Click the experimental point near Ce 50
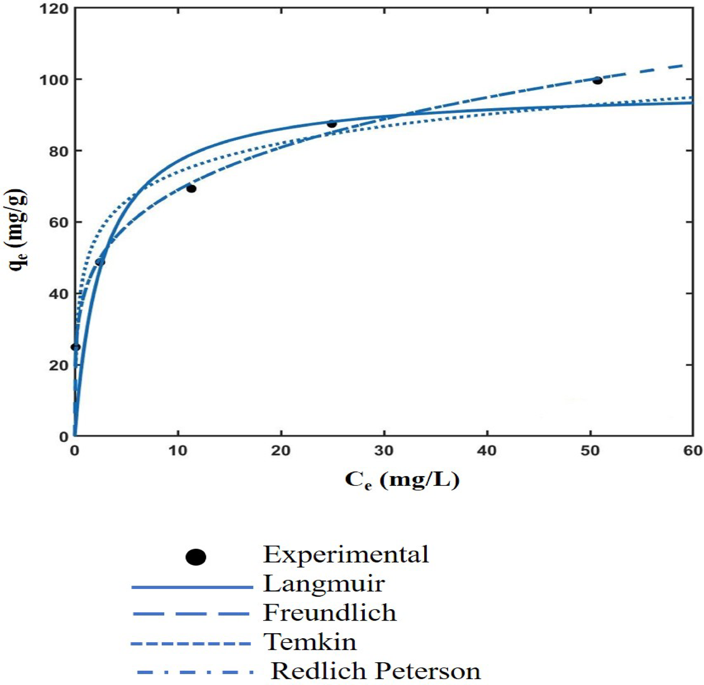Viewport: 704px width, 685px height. coord(597,80)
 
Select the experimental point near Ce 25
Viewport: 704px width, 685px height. coord(332,124)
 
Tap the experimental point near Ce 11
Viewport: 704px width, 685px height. coord(191,189)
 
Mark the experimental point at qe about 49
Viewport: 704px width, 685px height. coord(100,262)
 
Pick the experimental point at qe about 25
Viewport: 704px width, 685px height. coord(75,347)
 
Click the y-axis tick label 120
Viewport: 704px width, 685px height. coord(54,8)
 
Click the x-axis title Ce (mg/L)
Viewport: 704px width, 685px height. coord(401,480)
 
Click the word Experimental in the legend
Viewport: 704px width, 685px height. coord(346,554)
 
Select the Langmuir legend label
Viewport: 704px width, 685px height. coord(324,584)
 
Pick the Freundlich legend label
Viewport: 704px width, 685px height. coord(330,613)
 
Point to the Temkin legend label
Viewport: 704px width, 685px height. coord(310,642)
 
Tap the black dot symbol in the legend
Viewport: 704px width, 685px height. coord(196,557)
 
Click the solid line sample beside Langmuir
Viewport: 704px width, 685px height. coord(192,587)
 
